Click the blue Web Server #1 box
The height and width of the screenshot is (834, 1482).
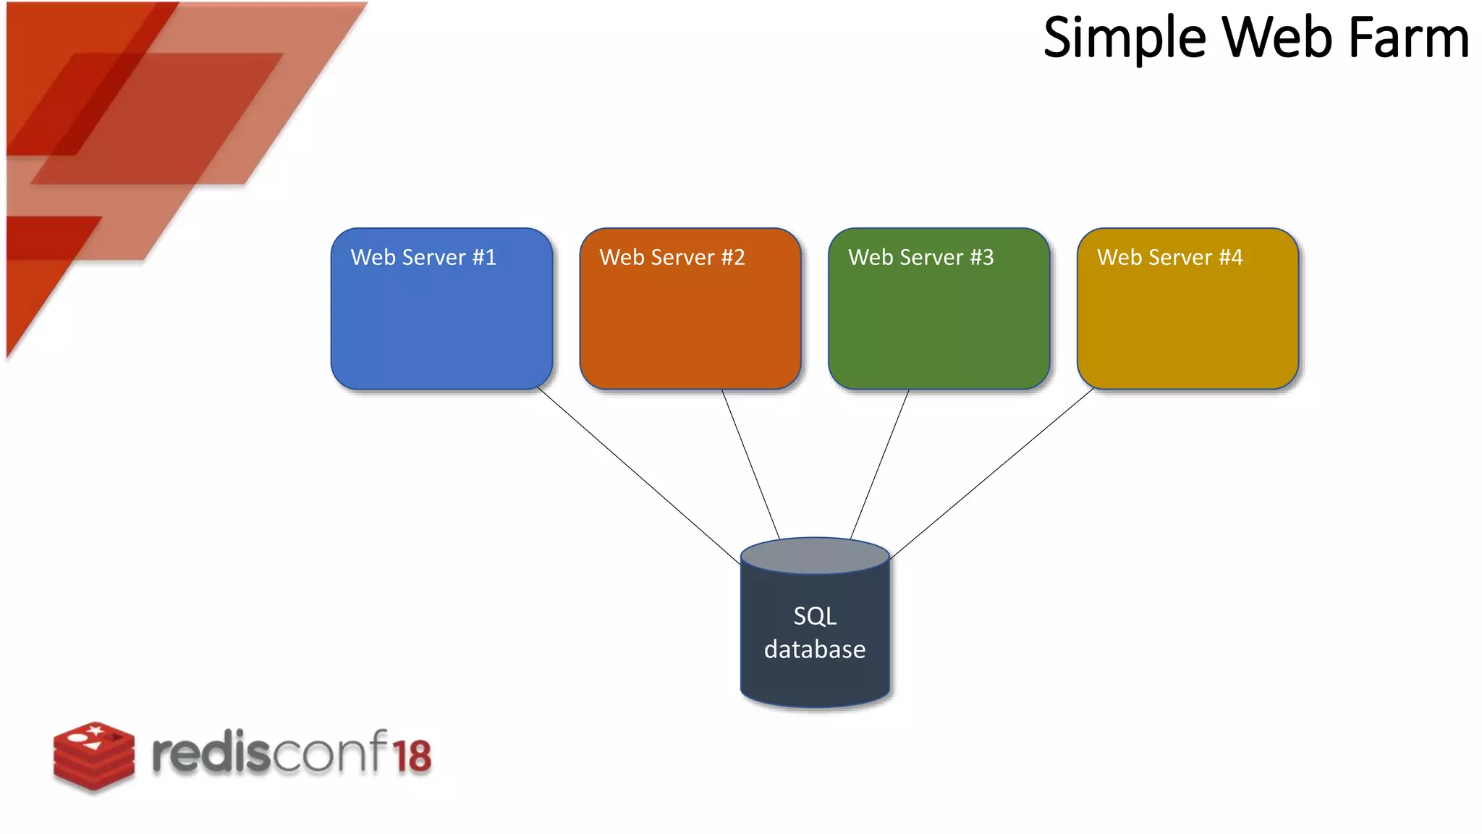[x=441, y=326]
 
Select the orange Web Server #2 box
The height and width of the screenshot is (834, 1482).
[x=690, y=326]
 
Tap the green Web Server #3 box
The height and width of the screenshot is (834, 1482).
[x=939, y=326]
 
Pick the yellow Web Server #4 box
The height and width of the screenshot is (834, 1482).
[x=1187, y=326]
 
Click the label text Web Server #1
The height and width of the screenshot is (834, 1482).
[x=423, y=257]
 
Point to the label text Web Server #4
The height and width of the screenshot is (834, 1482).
[x=1169, y=257]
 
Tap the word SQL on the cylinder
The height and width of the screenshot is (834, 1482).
[x=815, y=616]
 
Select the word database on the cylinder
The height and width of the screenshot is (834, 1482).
[x=815, y=649]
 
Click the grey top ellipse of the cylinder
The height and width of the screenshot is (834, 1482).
[x=815, y=556]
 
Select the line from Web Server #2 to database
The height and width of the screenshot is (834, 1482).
[x=750, y=463]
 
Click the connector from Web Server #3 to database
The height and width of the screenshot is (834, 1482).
[x=879, y=463]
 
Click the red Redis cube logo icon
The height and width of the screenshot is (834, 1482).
[x=93, y=755]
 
